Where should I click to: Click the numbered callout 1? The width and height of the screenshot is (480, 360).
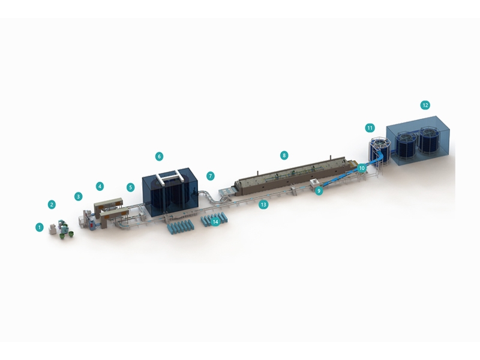click(x=40, y=227)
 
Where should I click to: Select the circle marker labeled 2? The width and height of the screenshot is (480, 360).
click(x=52, y=205)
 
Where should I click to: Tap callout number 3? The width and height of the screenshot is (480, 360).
click(x=79, y=196)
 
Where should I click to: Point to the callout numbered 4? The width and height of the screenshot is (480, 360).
click(x=100, y=186)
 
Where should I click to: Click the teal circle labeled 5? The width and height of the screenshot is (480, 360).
click(x=131, y=187)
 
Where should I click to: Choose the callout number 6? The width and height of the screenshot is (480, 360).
click(x=159, y=157)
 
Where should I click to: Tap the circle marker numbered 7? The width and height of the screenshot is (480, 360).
click(x=211, y=176)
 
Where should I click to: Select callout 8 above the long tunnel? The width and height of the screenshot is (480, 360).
click(x=284, y=155)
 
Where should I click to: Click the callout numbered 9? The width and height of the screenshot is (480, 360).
click(x=319, y=191)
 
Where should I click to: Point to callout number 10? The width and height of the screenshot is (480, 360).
click(x=362, y=168)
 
